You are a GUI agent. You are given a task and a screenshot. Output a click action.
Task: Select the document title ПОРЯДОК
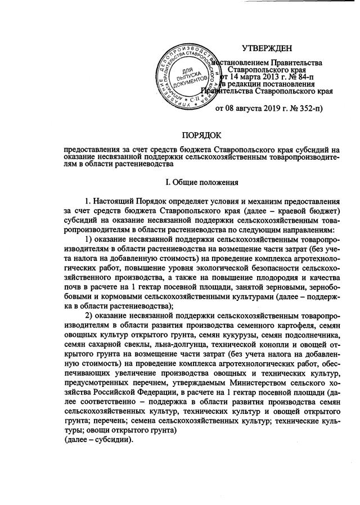(202, 134)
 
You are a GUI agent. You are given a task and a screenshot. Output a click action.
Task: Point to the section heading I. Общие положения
(202, 182)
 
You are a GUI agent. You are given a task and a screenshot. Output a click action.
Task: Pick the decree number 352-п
(306, 107)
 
